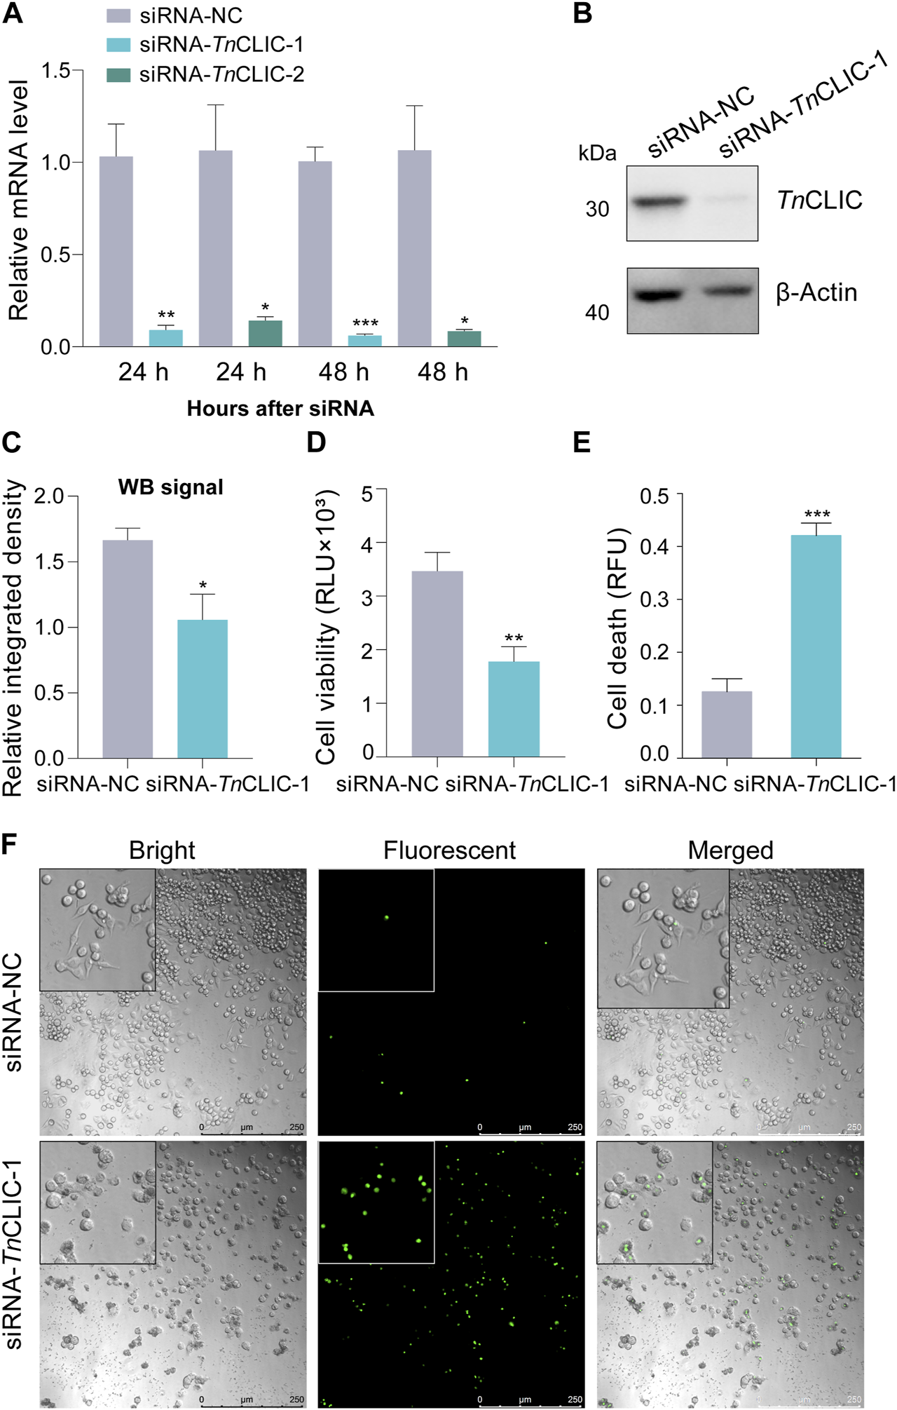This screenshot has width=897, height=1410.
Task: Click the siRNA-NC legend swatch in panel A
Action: [118, 15]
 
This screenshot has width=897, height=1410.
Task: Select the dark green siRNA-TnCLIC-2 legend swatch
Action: [118, 74]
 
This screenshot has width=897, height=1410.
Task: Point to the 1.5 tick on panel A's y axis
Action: [56, 71]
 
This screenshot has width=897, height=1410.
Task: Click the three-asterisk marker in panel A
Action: [365, 324]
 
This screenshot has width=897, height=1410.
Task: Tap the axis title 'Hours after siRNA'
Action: [280, 409]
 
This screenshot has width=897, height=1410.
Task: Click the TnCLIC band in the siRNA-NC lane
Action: [659, 202]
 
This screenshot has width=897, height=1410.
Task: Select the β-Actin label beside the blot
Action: [816, 292]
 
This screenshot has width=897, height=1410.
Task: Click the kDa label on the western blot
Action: [597, 154]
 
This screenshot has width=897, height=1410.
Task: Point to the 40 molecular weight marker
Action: [597, 313]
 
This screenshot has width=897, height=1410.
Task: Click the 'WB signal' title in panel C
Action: [171, 487]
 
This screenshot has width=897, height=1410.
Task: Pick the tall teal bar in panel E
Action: [816, 646]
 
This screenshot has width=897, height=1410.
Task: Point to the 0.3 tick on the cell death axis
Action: [653, 599]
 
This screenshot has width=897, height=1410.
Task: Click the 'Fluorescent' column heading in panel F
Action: [449, 850]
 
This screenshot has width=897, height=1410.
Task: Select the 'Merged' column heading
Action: [730, 850]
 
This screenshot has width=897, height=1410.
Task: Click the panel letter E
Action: [582, 443]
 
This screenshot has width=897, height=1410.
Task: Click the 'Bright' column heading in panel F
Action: [162, 850]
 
